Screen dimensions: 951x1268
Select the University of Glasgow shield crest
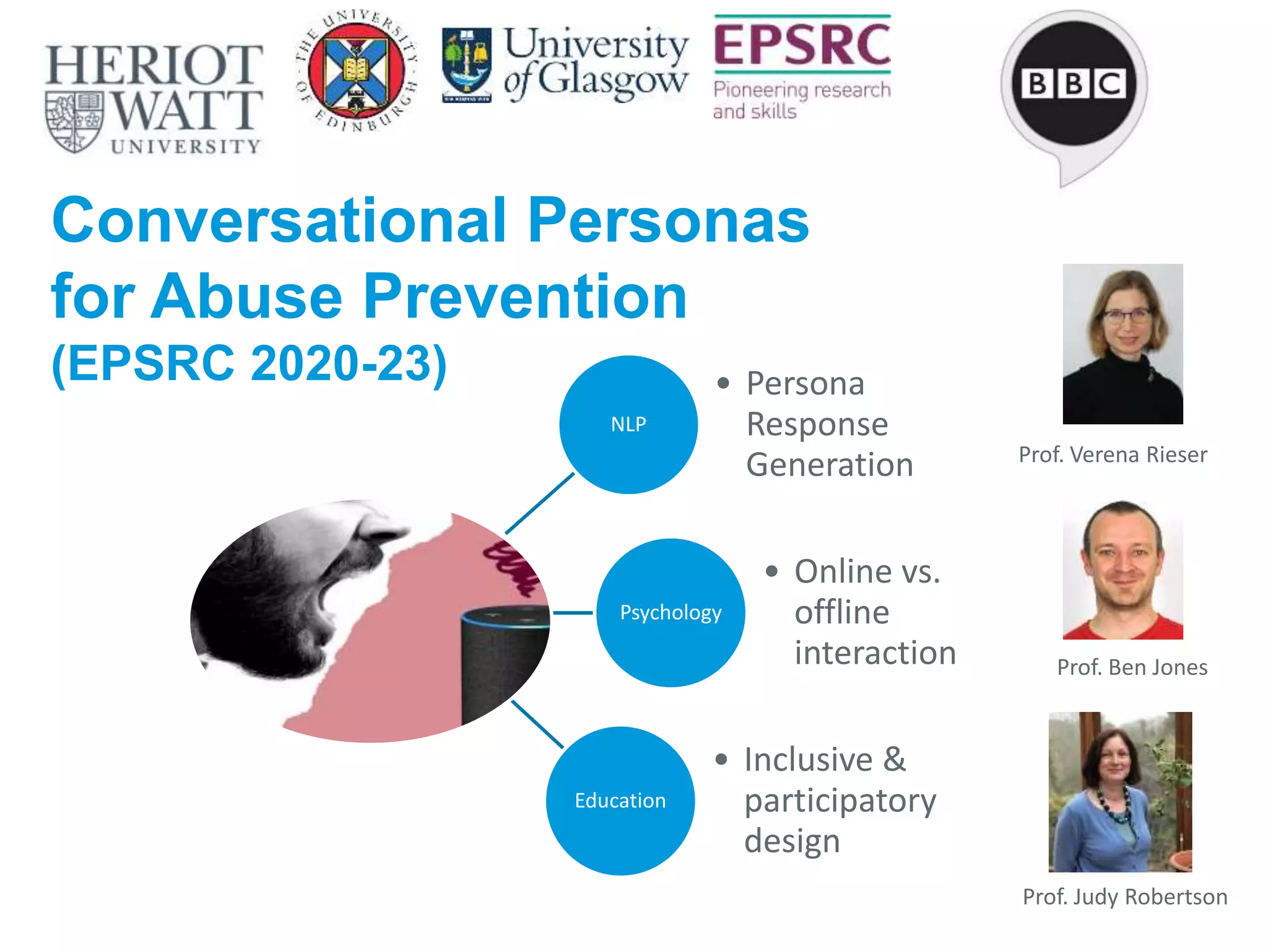[x=467, y=64]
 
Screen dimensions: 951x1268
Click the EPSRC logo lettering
[x=802, y=45]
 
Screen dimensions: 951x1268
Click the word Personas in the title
[x=668, y=221]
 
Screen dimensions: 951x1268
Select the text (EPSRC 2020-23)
[x=250, y=364]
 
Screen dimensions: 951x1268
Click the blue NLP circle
[x=628, y=425]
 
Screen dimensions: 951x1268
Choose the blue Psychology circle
[x=671, y=612]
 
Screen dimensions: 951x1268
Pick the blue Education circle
[x=620, y=801]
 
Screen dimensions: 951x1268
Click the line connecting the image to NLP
[x=540, y=503]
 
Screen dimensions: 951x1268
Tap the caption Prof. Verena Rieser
[x=1113, y=455]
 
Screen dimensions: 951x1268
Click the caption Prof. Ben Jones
[x=1132, y=667]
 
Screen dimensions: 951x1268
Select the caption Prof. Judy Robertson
[x=1124, y=897]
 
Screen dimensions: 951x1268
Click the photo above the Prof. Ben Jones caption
[x=1123, y=570]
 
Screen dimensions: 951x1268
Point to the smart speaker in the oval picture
[x=503, y=662]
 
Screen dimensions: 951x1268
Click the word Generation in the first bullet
[x=830, y=465]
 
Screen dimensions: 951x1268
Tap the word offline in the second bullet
[x=842, y=613]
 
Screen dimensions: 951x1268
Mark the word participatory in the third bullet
[x=840, y=802]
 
